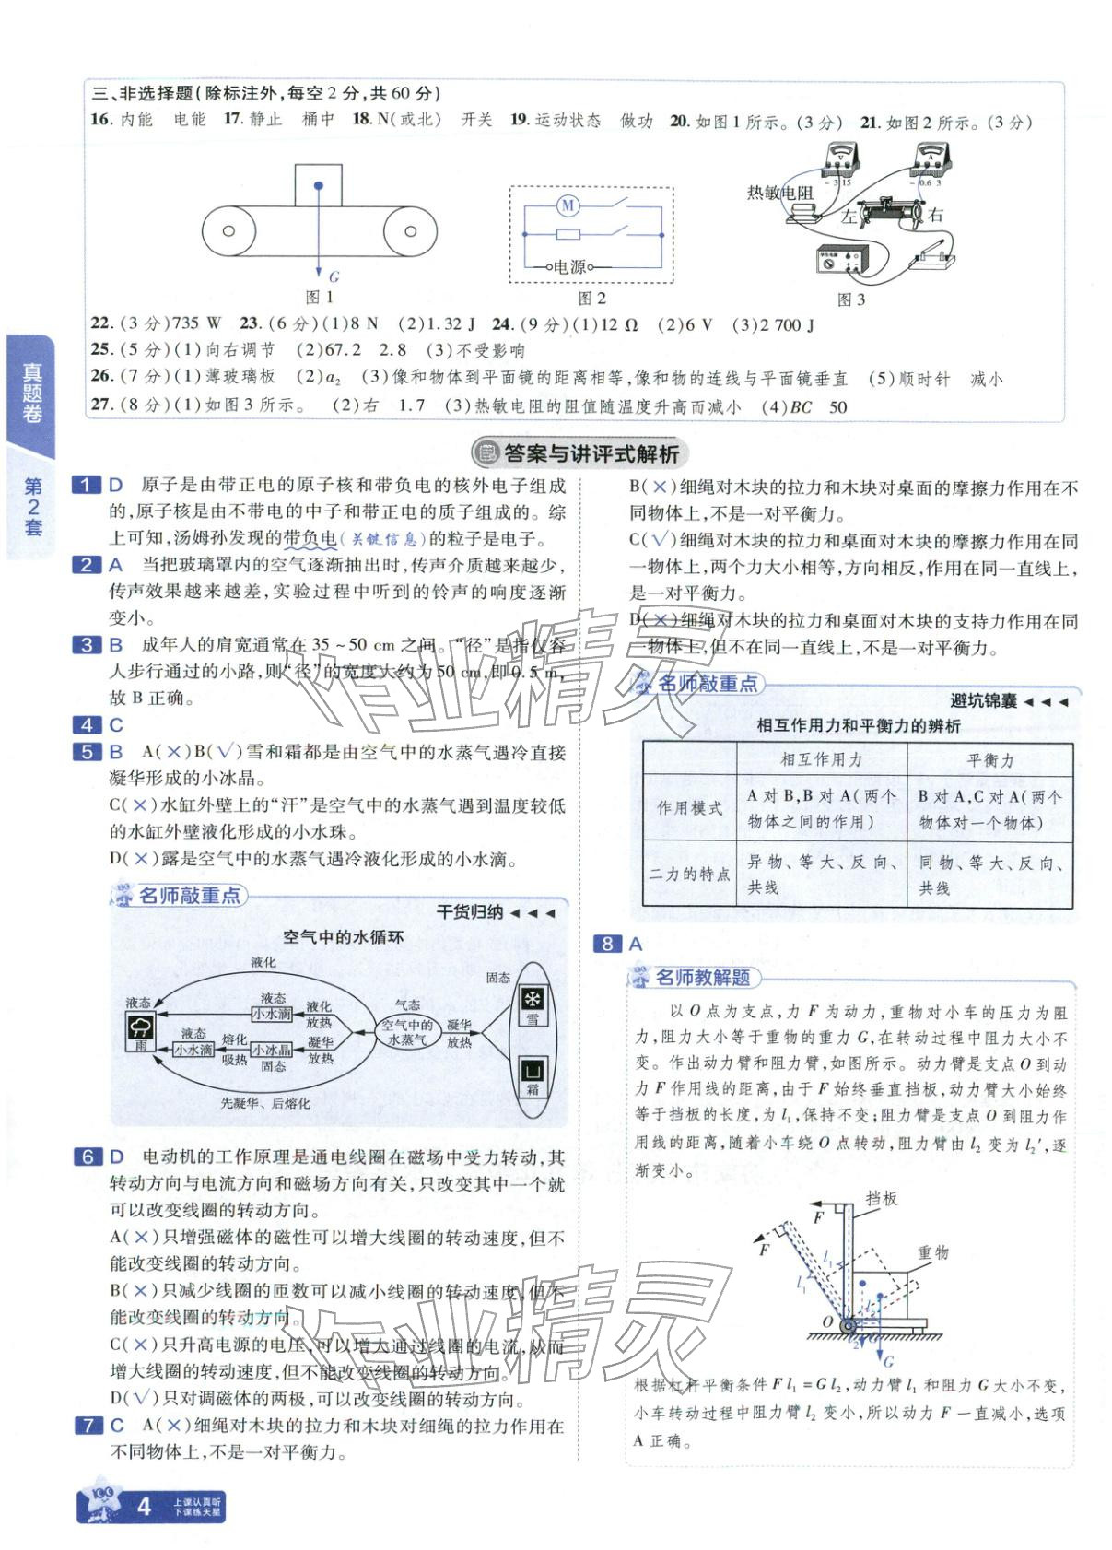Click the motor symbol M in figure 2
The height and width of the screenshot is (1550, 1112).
[x=568, y=205]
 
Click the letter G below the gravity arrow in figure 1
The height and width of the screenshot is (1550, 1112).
[x=334, y=276]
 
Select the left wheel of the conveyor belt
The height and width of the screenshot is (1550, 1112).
[x=229, y=231]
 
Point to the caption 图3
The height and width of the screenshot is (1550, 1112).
[x=850, y=299]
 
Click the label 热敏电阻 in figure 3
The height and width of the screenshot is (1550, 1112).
[x=779, y=193]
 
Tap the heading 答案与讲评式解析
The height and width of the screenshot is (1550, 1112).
[x=591, y=453]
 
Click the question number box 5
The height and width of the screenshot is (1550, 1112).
[x=88, y=752]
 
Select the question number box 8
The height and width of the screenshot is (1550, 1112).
[x=607, y=944]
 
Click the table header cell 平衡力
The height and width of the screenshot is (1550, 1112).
[x=989, y=760]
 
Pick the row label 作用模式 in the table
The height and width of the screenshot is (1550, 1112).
[x=689, y=808]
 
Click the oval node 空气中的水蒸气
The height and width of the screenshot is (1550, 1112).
[x=406, y=1031]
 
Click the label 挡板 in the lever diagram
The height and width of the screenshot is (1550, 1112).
[x=881, y=1198]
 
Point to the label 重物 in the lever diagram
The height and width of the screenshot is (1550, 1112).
[x=932, y=1252]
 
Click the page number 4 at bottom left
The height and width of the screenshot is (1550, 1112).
[x=143, y=1507]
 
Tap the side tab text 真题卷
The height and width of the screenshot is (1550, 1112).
[x=32, y=393]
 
